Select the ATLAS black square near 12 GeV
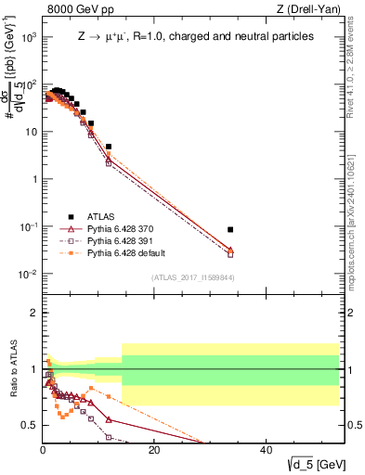coord(109,147)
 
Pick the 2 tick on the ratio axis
coord(34,313)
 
